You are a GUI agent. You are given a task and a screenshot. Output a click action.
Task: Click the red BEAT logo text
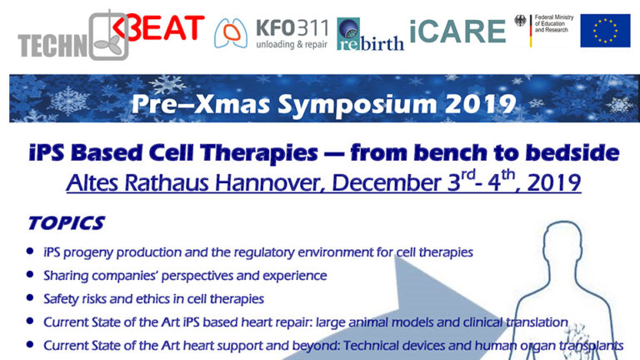(159, 27)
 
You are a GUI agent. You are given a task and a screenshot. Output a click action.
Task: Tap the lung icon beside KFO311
(231, 33)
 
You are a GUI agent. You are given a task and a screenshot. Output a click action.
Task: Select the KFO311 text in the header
(292, 28)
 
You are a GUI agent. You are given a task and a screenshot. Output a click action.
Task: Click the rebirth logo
(370, 34)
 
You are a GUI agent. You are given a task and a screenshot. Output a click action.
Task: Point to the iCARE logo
(457, 32)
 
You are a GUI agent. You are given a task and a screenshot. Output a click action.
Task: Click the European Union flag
(605, 31)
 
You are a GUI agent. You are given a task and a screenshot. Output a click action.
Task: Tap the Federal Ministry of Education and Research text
(554, 23)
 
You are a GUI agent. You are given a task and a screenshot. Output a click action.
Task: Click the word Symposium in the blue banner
(357, 104)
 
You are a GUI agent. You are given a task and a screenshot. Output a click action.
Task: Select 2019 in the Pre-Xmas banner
(480, 104)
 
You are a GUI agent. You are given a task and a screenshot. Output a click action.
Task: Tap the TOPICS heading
(67, 222)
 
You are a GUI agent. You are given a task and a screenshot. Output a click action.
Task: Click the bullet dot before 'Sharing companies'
(30, 274)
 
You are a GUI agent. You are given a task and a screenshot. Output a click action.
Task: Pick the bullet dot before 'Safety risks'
(30, 297)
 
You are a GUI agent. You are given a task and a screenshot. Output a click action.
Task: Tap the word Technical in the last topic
(372, 345)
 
